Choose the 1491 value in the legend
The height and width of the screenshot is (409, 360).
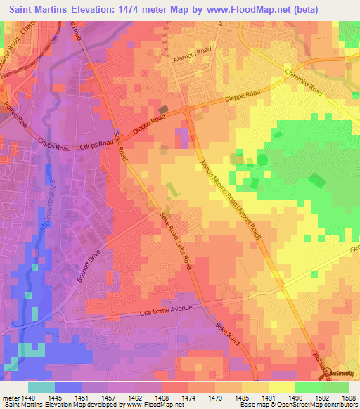[x=269, y=397]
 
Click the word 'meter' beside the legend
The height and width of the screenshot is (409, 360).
[x=11, y=397]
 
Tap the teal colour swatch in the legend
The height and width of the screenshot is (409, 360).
[x=41, y=387]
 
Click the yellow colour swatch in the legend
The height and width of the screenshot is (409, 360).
[x=281, y=387]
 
